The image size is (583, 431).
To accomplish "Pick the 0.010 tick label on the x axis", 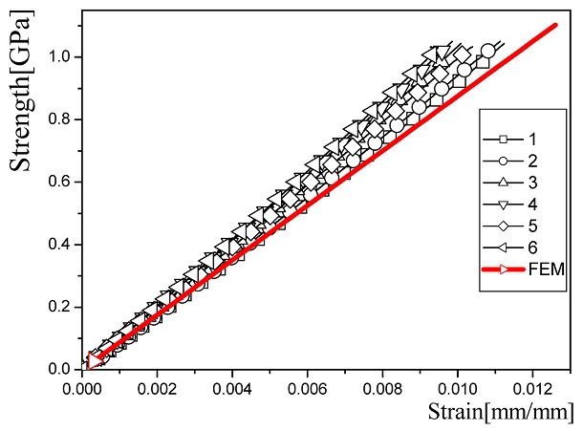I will (x=457, y=390).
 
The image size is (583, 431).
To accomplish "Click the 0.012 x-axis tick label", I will (x=532, y=390).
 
